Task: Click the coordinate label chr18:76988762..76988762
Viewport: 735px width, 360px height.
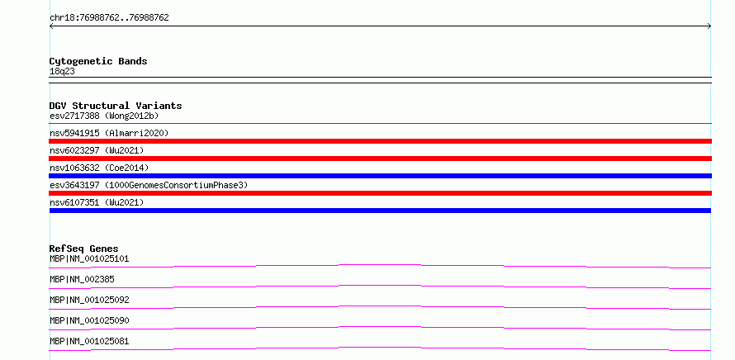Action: (109, 18)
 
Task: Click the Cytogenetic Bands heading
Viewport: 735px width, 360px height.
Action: (98, 61)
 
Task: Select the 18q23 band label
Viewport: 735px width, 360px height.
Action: (62, 72)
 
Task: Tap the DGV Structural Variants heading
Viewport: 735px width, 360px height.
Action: (116, 106)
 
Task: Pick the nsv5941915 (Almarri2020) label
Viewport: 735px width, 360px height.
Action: (109, 133)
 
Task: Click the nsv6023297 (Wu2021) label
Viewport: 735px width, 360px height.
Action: (97, 150)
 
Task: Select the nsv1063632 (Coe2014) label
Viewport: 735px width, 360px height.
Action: (99, 168)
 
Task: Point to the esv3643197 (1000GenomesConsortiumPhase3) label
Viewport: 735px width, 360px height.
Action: (149, 185)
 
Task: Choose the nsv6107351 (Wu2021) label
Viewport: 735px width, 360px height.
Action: (97, 202)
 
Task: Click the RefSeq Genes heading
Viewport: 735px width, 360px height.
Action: (84, 249)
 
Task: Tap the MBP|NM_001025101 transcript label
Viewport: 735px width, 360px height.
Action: (89, 258)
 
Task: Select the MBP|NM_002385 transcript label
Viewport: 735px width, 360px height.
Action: (82, 279)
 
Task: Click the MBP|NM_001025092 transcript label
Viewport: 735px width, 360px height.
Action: (89, 300)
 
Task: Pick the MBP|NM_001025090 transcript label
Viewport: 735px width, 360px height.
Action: (89, 320)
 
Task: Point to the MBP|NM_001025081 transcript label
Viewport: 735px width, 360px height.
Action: (89, 341)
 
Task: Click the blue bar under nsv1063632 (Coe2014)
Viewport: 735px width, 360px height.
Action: (380, 176)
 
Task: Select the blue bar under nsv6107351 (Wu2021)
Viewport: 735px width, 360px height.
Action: (380, 211)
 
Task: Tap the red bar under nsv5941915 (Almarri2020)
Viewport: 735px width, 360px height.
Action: (380, 141)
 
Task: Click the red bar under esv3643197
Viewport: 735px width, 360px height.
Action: (380, 193)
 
